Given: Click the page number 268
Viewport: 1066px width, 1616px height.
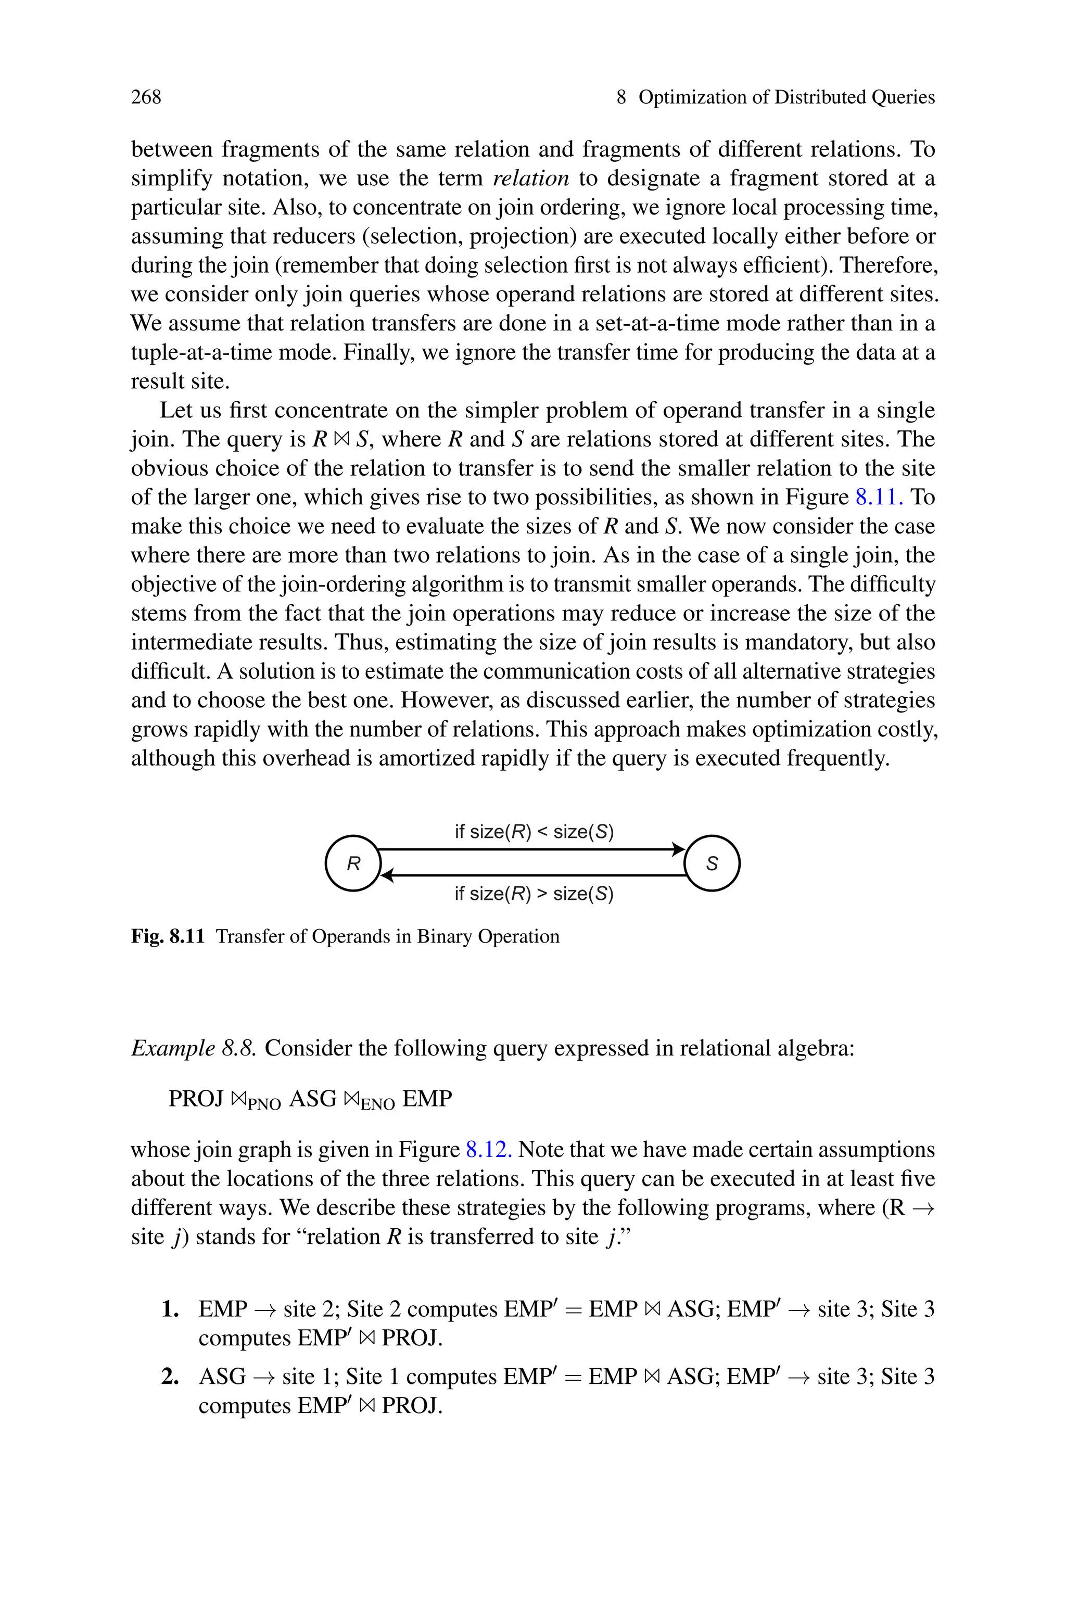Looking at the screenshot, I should click(146, 97).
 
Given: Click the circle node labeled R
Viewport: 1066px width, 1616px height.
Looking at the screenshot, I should click(353, 863).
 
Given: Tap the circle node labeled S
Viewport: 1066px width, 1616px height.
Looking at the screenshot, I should click(712, 863).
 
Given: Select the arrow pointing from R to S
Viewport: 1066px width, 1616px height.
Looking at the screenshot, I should click(530, 849).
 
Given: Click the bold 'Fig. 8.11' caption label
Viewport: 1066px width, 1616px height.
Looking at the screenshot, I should click(167, 936).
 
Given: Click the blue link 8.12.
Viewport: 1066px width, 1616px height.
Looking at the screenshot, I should click(489, 1150).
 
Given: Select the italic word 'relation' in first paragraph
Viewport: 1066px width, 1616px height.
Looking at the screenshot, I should click(530, 178).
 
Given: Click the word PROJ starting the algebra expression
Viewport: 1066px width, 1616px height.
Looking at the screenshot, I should click(196, 1099).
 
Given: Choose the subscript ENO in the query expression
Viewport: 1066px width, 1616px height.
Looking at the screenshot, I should click(378, 1105).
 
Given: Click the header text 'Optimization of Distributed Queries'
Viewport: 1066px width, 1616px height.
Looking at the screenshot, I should click(786, 97).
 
